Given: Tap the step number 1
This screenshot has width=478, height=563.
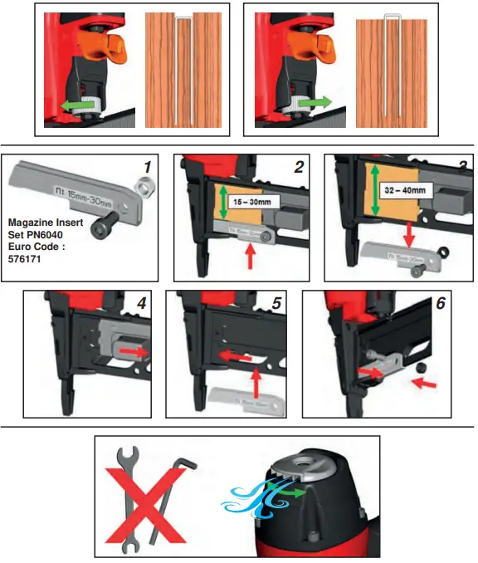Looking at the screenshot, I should click(147, 166).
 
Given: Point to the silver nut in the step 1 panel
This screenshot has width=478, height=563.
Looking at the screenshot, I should click(141, 190).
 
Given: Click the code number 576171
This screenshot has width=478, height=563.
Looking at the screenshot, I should click(25, 258).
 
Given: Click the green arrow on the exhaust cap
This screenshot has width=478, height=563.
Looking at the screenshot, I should click(291, 492).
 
